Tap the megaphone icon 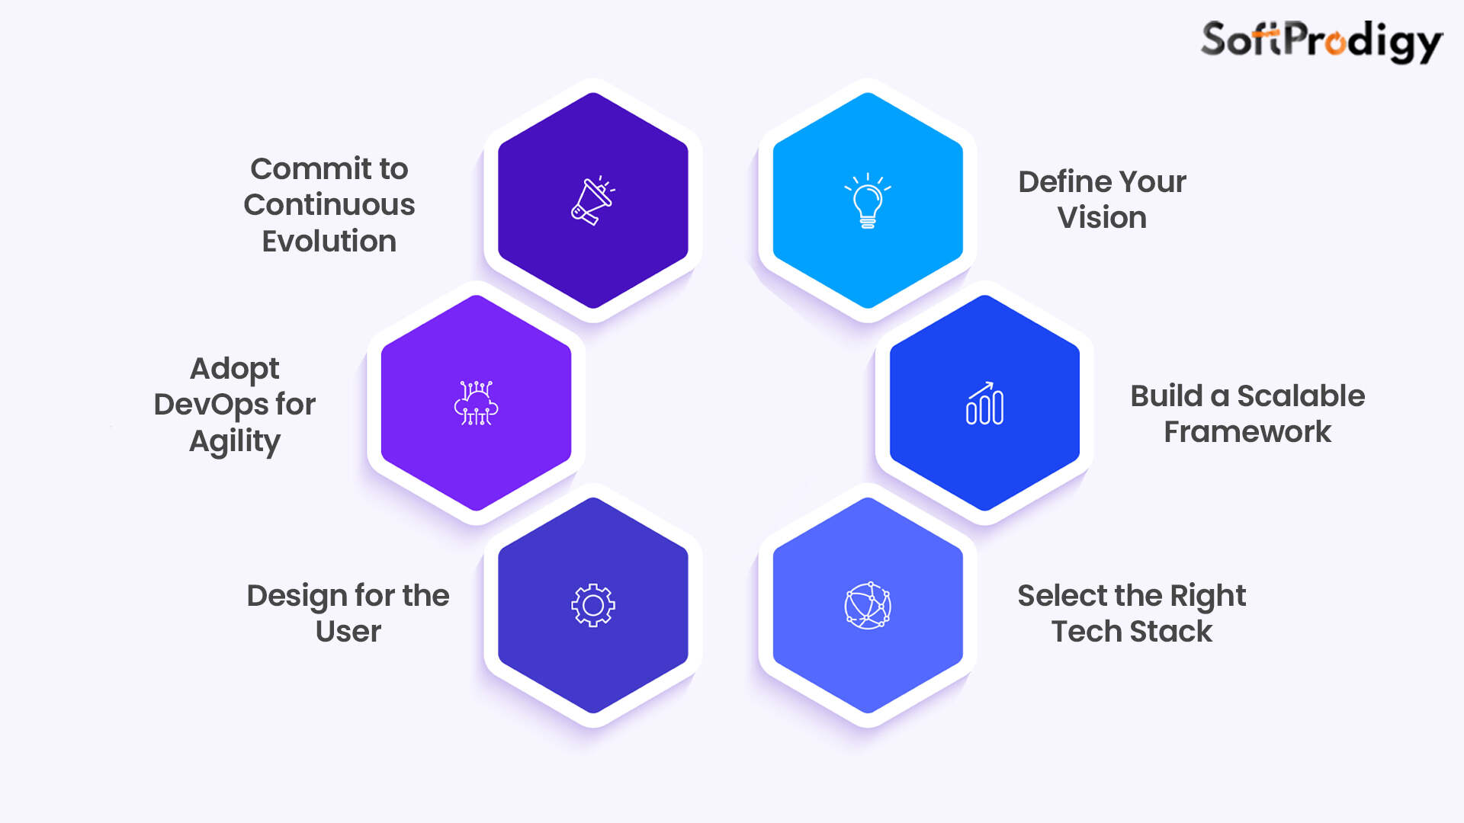[x=592, y=201]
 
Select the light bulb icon [x=868, y=201]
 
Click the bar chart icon [x=984, y=404]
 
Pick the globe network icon [x=868, y=606]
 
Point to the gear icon [x=593, y=606]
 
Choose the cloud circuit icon [x=476, y=403]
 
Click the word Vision [x=1102, y=218]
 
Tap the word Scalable [x=1301, y=396]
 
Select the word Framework [x=1247, y=432]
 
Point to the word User [x=348, y=632]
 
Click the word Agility [x=235, y=442]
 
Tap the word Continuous [x=329, y=205]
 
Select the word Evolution [x=329, y=242]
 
